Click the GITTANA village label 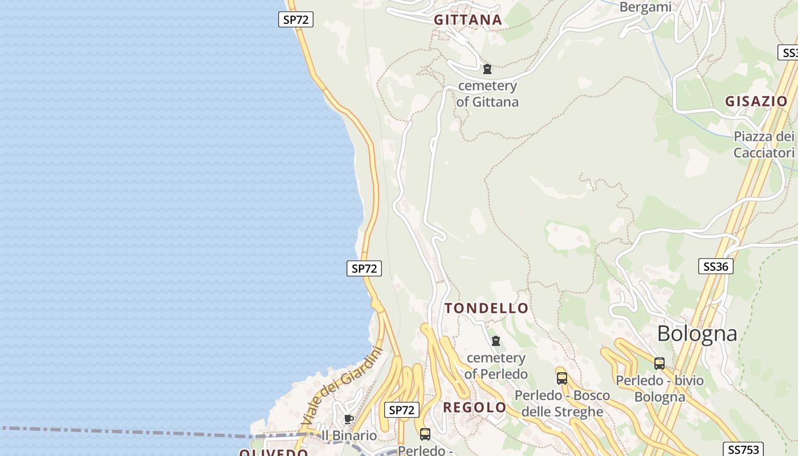tap(468, 20)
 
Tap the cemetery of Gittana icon tap(487, 69)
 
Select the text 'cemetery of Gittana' tap(487, 94)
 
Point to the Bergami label tap(645, 7)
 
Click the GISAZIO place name tap(756, 101)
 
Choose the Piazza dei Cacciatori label tap(764, 145)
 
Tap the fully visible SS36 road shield tap(716, 266)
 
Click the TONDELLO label tap(486, 308)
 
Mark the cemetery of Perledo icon tap(496, 341)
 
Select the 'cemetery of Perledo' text tap(496, 366)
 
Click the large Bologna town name tap(697, 333)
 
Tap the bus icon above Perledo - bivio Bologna tap(659, 363)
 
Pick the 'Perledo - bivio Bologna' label tap(659, 389)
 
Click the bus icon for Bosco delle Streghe tap(562, 378)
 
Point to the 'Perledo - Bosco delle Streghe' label tap(562, 404)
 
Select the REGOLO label tap(474, 408)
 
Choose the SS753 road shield tap(743, 449)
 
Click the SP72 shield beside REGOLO tap(402, 410)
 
